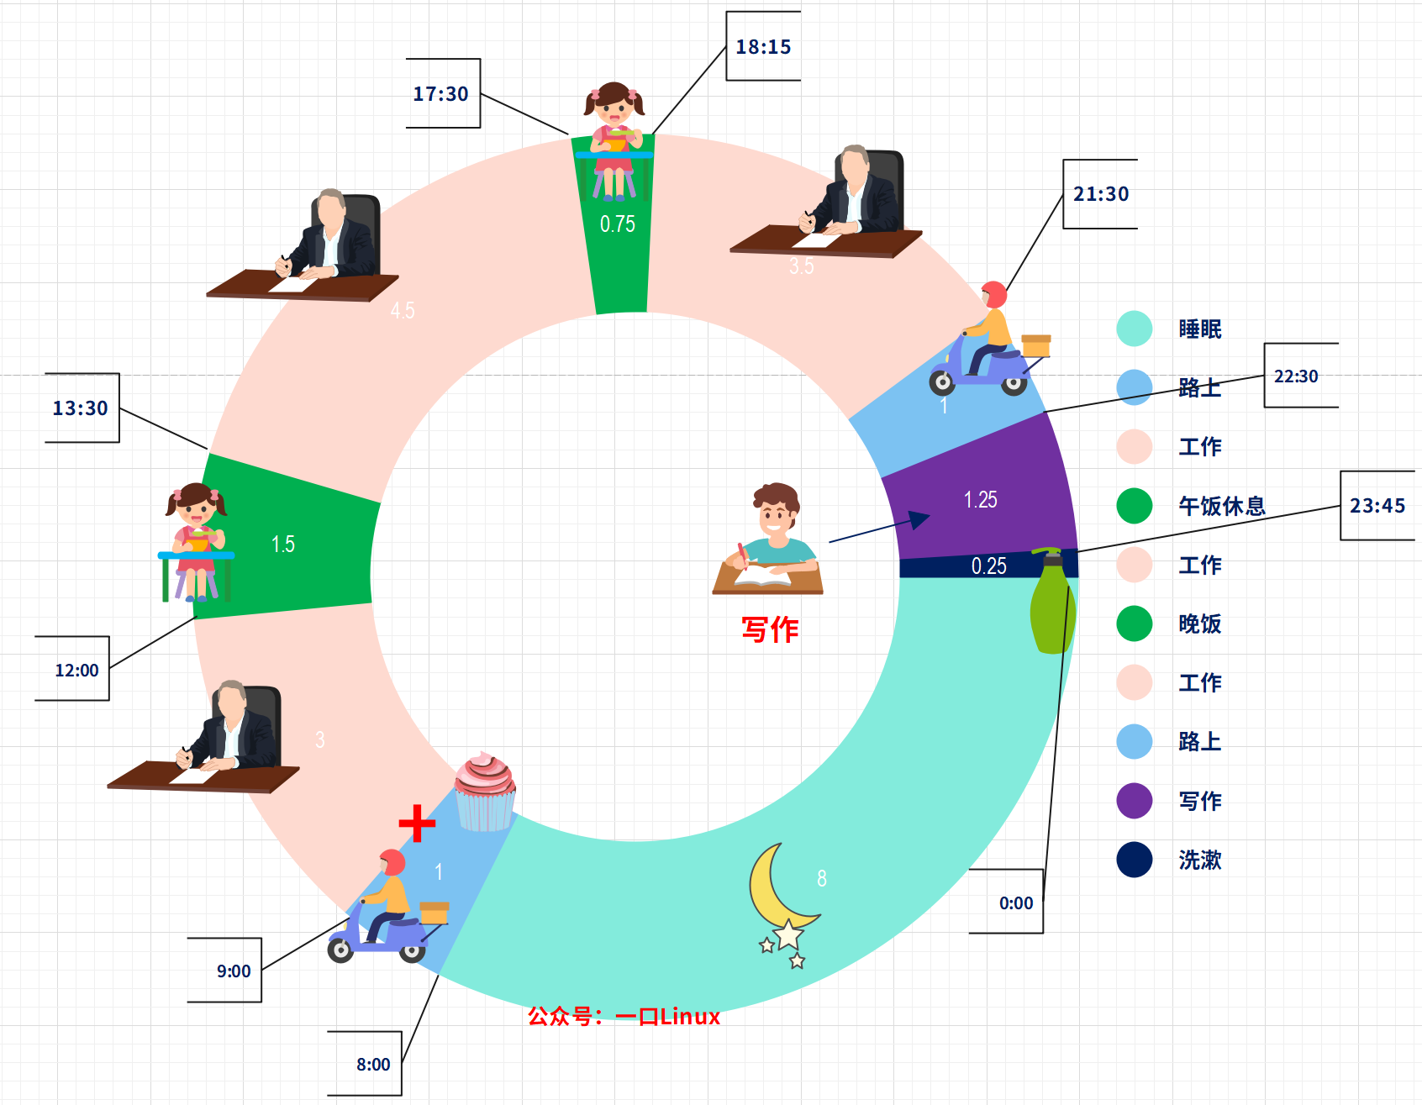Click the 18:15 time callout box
pos(763,47)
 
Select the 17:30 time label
pos(441,94)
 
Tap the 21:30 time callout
pos(1101,194)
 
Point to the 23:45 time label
pos(1377,506)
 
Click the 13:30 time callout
pos(81,408)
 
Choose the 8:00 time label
pos(373,1065)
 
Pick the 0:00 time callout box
pos(1016,903)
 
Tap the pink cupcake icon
pos(485,790)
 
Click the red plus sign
pos(417,823)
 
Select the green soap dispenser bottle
pos(1051,601)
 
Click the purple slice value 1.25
pos(980,500)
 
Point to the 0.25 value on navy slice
pos(988,566)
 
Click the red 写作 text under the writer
pos(770,629)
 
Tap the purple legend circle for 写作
pos(1135,801)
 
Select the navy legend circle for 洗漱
pos(1135,860)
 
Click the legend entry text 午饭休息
pos(1221,506)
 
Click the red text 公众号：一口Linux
pos(624,1017)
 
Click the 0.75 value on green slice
pos(618,224)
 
